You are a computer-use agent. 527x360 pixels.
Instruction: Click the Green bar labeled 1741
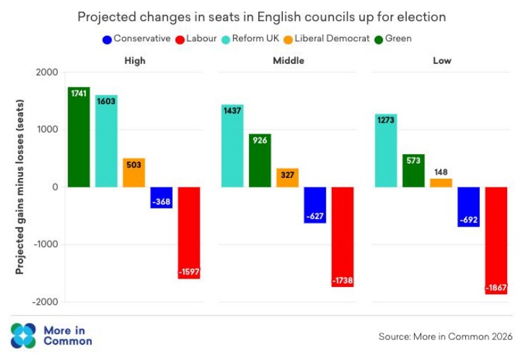point(78,137)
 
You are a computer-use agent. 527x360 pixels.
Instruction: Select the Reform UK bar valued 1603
point(106,141)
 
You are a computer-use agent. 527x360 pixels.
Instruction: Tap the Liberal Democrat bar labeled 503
point(133,173)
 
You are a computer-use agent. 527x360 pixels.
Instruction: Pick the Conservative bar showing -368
point(161,197)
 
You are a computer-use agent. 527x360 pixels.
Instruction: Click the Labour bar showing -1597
point(189,232)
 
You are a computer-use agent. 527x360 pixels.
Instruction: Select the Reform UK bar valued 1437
point(232,145)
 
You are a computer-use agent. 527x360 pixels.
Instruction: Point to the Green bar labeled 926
point(260,160)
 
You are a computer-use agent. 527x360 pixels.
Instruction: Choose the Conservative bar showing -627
point(315,205)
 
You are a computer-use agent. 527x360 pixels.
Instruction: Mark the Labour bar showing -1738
point(342,236)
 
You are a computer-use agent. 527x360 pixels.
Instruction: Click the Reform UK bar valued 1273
point(386,150)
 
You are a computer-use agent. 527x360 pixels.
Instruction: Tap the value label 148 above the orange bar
point(441,172)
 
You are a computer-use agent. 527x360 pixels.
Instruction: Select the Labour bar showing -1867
point(496,240)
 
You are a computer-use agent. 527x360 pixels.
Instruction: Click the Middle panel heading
point(288,60)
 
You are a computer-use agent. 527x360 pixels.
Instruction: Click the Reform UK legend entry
point(254,39)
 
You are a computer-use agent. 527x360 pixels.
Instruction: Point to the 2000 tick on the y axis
point(46,72)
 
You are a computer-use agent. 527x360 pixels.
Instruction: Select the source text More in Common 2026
point(445,337)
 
